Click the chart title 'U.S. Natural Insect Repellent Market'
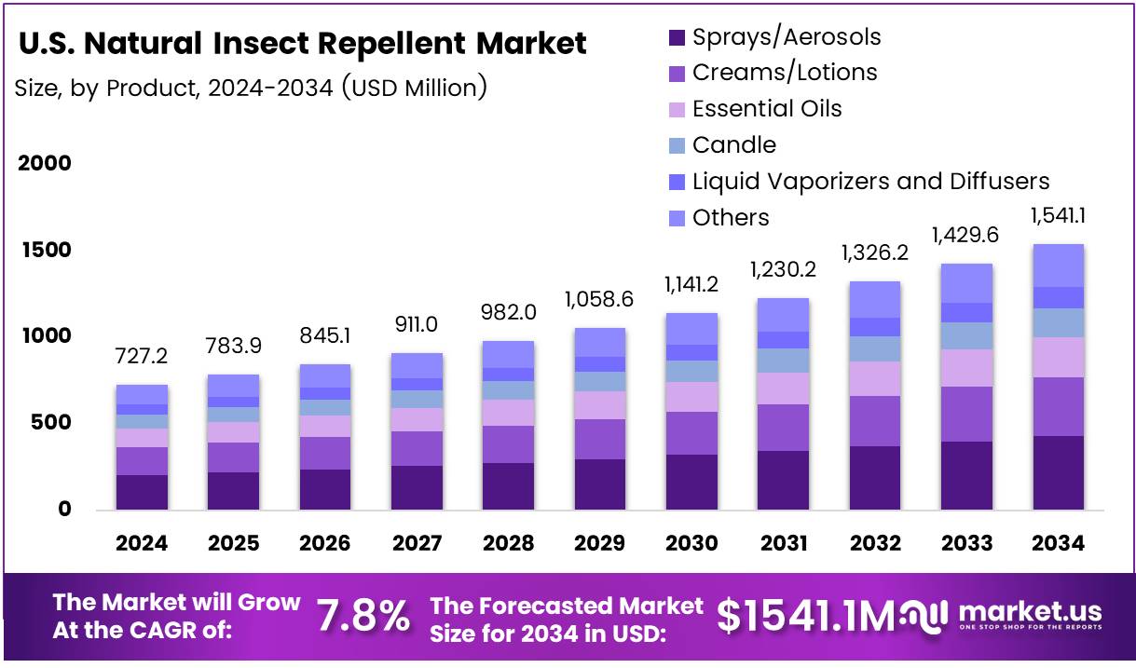(302, 44)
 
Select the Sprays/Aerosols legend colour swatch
(677, 38)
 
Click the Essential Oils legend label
(767, 109)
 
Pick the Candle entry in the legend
(734, 145)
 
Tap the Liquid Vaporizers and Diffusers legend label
(871, 181)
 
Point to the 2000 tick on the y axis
(45, 164)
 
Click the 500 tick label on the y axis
(50, 423)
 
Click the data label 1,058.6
(600, 300)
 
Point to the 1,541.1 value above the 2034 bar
(1059, 217)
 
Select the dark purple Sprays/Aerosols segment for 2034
(1058, 472)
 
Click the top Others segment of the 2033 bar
(966, 283)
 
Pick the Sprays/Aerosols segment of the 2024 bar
(142, 492)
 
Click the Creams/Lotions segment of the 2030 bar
(691, 433)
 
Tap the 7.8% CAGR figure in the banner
(363, 616)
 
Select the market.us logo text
(1029, 612)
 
